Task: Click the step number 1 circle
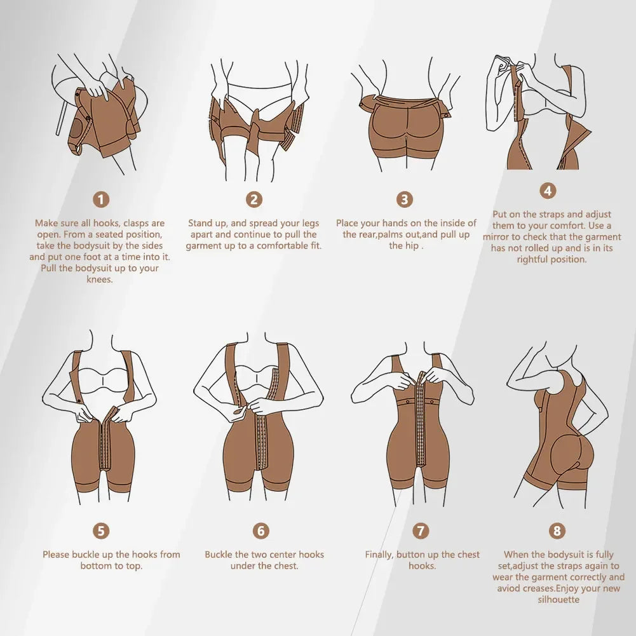[x=101, y=200]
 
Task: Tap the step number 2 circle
[x=254, y=200]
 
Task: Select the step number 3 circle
[x=405, y=200]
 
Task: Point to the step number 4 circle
[x=548, y=191]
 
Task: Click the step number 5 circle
[x=101, y=531]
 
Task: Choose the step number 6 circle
[x=261, y=531]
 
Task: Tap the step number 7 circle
[x=421, y=531]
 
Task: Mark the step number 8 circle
[x=557, y=531]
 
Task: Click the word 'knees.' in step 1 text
[x=100, y=279]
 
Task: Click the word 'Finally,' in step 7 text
[x=379, y=555]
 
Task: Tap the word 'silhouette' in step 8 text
[x=558, y=599]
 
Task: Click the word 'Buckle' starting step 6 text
[x=219, y=555]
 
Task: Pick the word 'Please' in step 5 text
[x=56, y=555]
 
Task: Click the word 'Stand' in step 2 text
[x=200, y=223]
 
